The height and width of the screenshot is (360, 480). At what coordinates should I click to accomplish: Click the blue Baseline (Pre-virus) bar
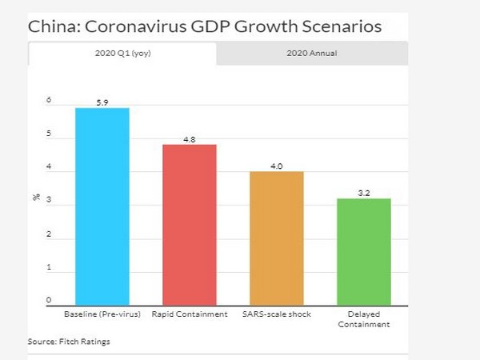pos(102,206)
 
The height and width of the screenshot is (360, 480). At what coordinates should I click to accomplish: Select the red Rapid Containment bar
pos(190,224)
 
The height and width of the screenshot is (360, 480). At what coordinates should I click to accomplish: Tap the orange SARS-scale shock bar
pos(277,238)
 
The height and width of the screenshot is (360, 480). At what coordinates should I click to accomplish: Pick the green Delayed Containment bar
pos(364,251)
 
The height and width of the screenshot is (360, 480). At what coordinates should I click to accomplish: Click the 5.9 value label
pos(102,102)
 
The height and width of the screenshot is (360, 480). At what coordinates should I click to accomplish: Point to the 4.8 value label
pos(190,139)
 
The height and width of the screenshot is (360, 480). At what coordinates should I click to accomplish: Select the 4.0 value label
pos(277,166)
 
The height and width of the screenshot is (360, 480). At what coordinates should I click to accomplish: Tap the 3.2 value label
pos(364,193)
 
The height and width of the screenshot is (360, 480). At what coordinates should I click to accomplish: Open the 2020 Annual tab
pos(311,54)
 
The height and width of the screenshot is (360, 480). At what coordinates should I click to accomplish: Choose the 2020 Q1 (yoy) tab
pos(122,54)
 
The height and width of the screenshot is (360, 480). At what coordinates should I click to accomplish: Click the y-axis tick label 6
pos(49,101)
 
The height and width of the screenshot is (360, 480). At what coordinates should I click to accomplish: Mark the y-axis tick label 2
pos(49,234)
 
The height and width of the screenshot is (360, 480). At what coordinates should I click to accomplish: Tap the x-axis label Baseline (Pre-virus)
pos(102,314)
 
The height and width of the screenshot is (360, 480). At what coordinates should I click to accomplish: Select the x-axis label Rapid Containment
pos(190,314)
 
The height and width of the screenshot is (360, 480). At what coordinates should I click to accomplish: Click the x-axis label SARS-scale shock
pos(277,314)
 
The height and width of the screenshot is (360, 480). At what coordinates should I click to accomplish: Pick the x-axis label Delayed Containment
pos(364,319)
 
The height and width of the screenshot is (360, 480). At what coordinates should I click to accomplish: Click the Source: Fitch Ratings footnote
pos(69,342)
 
